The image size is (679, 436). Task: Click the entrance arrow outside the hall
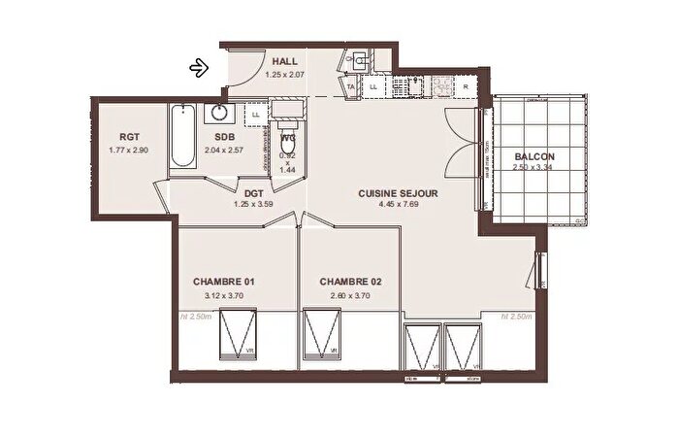point(199,67)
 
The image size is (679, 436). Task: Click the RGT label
point(131,137)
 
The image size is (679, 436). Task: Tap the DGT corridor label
point(255,193)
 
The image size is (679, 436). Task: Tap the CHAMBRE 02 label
point(350,282)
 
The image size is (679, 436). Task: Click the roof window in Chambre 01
point(235,334)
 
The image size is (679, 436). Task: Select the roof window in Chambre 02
point(322,334)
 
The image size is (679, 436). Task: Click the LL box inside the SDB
point(256,115)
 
